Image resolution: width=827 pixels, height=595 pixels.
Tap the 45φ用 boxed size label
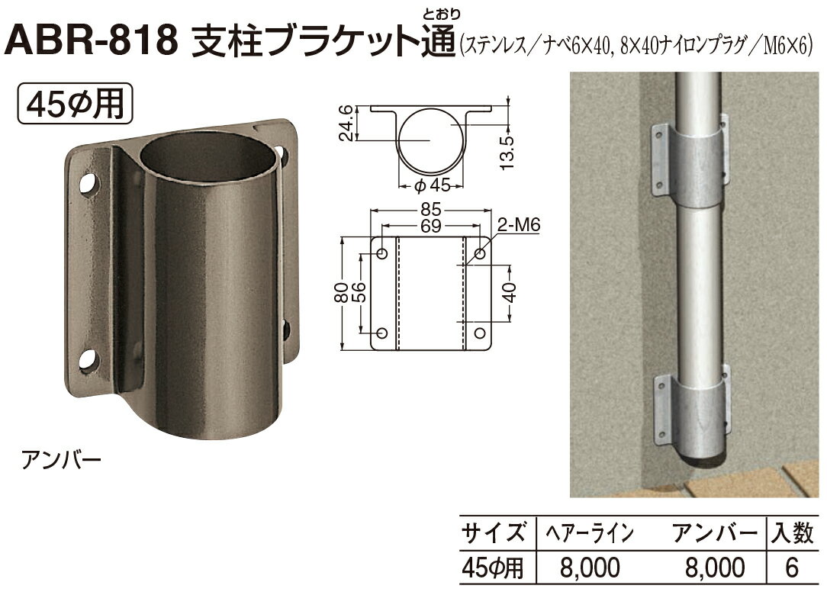(75, 103)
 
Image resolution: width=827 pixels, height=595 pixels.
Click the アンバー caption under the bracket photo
(60, 461)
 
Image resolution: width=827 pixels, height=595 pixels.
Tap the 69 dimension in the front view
(433, 227)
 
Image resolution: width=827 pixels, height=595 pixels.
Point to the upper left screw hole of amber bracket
(88, 184)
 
